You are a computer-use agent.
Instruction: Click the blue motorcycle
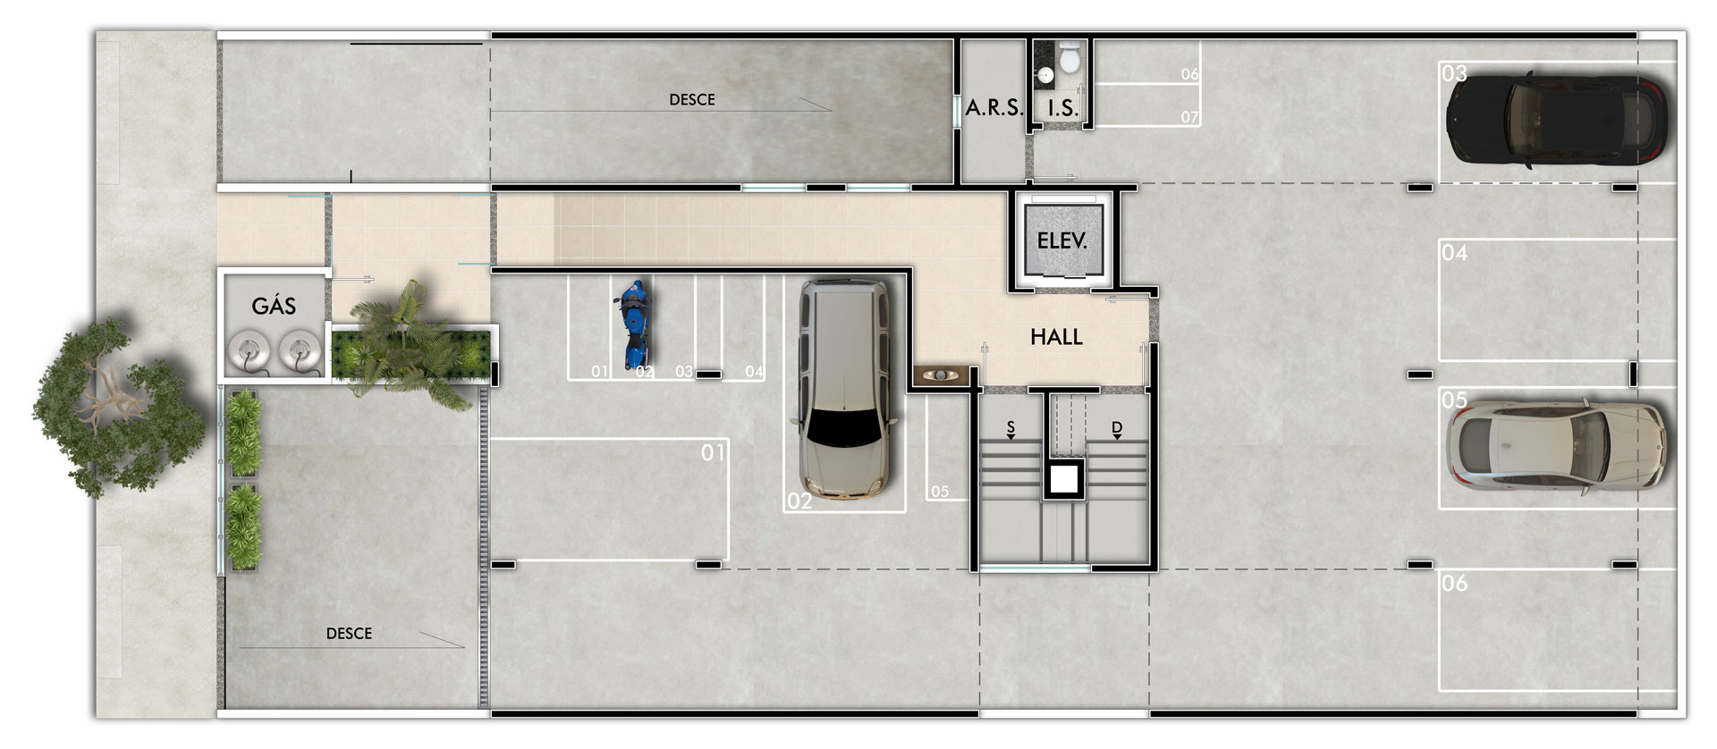click(633, 325)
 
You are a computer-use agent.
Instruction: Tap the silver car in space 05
click(1557, 443)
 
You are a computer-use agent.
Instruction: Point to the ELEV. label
click(1061, 240)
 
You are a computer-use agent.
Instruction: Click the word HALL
click(1056, 337)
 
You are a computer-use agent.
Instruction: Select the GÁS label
click(274, 306)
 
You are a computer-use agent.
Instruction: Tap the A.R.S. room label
click(994, 108)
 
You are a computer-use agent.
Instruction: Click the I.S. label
click(1062, 109)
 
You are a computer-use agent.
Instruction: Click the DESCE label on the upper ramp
click(692, 99)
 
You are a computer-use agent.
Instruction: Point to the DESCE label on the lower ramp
click(349, 633)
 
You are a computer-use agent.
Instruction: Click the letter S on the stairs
click(1011, 427)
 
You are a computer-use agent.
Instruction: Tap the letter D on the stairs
click(1117, 427)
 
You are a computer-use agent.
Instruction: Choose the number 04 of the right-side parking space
click(1454, 253)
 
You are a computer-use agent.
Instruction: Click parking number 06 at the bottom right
click(1454, 583)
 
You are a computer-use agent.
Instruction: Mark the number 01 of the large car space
click(713, 452)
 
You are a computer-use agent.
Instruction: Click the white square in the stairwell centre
click(1063, 480)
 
